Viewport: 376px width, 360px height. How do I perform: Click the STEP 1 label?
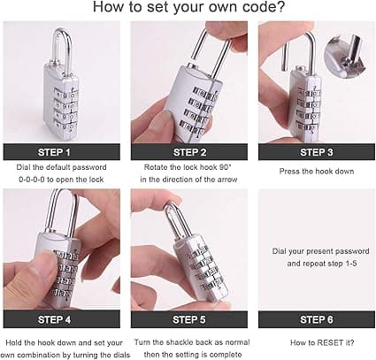(54, 152)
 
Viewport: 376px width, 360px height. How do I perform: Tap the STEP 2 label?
(189, 152)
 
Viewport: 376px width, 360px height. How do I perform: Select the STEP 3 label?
(317, 152)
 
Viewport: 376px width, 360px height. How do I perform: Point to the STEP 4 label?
(54, 319)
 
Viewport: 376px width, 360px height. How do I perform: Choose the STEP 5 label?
(189, 319)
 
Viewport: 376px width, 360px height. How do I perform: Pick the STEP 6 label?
(317, 319)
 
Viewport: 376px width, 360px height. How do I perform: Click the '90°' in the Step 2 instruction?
(226, 167)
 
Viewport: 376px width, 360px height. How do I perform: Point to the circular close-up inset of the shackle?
(344, 57)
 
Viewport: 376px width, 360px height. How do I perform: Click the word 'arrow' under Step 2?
(227, 180)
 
